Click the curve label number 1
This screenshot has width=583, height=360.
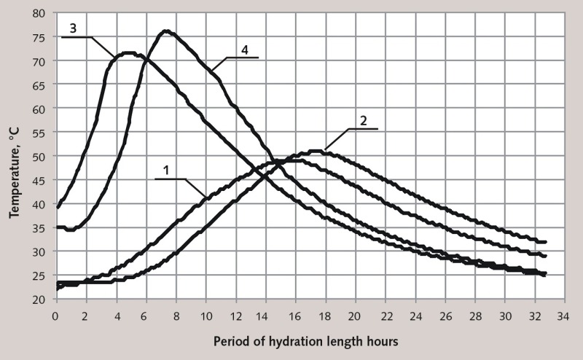click(x=166, y=169)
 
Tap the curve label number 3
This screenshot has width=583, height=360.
click(x=74, y=28)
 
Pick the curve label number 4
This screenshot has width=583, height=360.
click(x=245, y=49)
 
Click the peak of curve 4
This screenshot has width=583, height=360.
click(x=167, y=31)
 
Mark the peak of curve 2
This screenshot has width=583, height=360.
click(x=316, y=151)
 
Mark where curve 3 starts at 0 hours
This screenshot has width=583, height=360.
click(x=57, y=208)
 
